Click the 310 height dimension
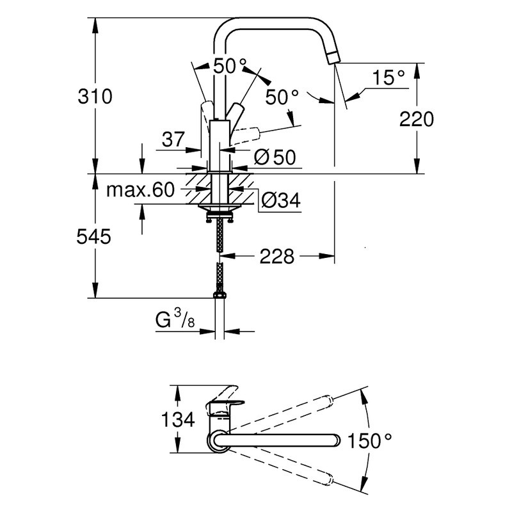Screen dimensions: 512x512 (95, 97)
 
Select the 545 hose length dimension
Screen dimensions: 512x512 (93, 236)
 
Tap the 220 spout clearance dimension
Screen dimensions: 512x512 (417, 119)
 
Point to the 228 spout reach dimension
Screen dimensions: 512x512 (277, 257)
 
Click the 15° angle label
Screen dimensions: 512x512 (388, 77)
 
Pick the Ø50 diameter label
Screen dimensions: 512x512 (275, 157)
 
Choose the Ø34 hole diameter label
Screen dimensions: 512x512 (280, 200)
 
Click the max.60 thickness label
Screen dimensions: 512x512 (140, 189)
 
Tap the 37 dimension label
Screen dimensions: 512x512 (173, 140)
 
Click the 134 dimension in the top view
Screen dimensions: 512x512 (178, 419)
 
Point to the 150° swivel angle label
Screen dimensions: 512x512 (370, 440)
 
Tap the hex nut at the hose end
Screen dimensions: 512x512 (220, 295)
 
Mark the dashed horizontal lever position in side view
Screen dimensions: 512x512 (246, 134)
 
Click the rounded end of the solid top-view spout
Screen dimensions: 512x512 (335, 440)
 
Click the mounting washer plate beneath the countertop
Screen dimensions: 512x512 (220, 208)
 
